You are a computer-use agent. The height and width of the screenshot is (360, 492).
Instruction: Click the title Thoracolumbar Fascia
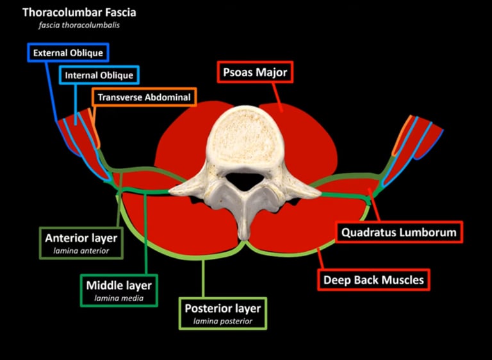[79, 12]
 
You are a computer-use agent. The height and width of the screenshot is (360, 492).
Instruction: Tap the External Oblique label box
[69, 53]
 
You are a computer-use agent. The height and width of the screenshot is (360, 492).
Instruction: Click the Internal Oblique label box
[99, 75]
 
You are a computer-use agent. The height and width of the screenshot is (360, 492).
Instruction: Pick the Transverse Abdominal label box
[144, 97]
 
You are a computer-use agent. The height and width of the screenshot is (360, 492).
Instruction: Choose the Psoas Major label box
[255, 72]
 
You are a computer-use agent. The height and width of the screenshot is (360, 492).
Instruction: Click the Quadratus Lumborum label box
[399, 231]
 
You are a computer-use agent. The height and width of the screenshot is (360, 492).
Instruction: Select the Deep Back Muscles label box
[373, 279]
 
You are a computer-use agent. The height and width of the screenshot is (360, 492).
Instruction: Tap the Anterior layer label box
[81, 243]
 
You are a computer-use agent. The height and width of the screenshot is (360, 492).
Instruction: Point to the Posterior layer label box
[222, 313]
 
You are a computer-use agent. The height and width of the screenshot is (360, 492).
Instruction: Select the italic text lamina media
[119, 299]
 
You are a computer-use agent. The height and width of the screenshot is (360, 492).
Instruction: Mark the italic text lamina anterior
[81, 251]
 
